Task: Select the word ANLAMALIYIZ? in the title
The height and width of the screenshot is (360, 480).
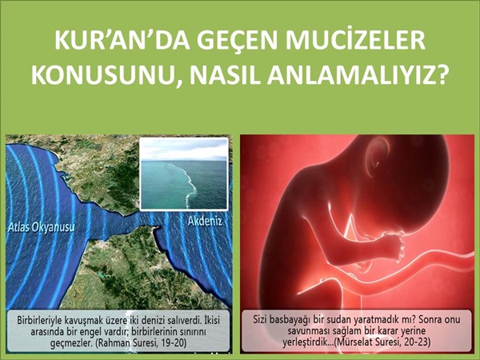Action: tap(357, 75)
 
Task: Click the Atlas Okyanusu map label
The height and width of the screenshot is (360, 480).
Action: tap(42, 227)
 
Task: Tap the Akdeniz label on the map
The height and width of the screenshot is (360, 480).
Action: tap(205, 222)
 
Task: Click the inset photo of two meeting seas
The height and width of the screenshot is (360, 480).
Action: tap(184, 174)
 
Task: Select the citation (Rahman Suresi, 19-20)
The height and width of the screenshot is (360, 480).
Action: tap(141, 343)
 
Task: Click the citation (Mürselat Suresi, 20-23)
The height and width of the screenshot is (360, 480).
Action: tap(382, 342)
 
